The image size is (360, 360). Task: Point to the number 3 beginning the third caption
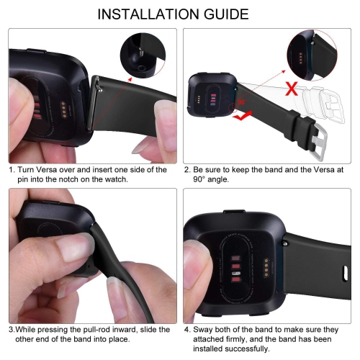(12, 330)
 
